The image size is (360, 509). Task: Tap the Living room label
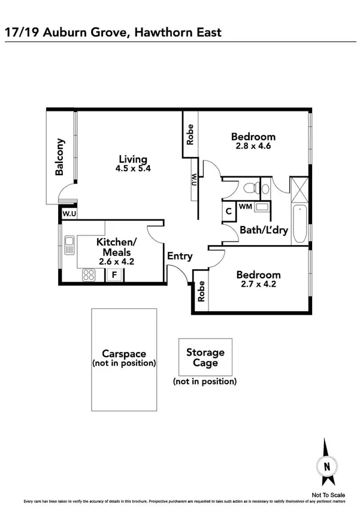click(132, 159)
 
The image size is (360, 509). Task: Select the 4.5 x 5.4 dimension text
click(132, 168)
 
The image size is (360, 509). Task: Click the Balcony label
click(59, 157)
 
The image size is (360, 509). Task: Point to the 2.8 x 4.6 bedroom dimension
click(253, 146)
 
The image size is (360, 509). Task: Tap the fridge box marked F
click(113, 275)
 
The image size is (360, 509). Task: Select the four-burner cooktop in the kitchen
click(89, 275)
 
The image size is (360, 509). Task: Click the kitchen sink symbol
click(69, 243)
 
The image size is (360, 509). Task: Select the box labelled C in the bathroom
click(229, 211)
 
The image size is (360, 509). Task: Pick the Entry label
click(180, 257)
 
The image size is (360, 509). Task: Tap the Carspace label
click(124, 354)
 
